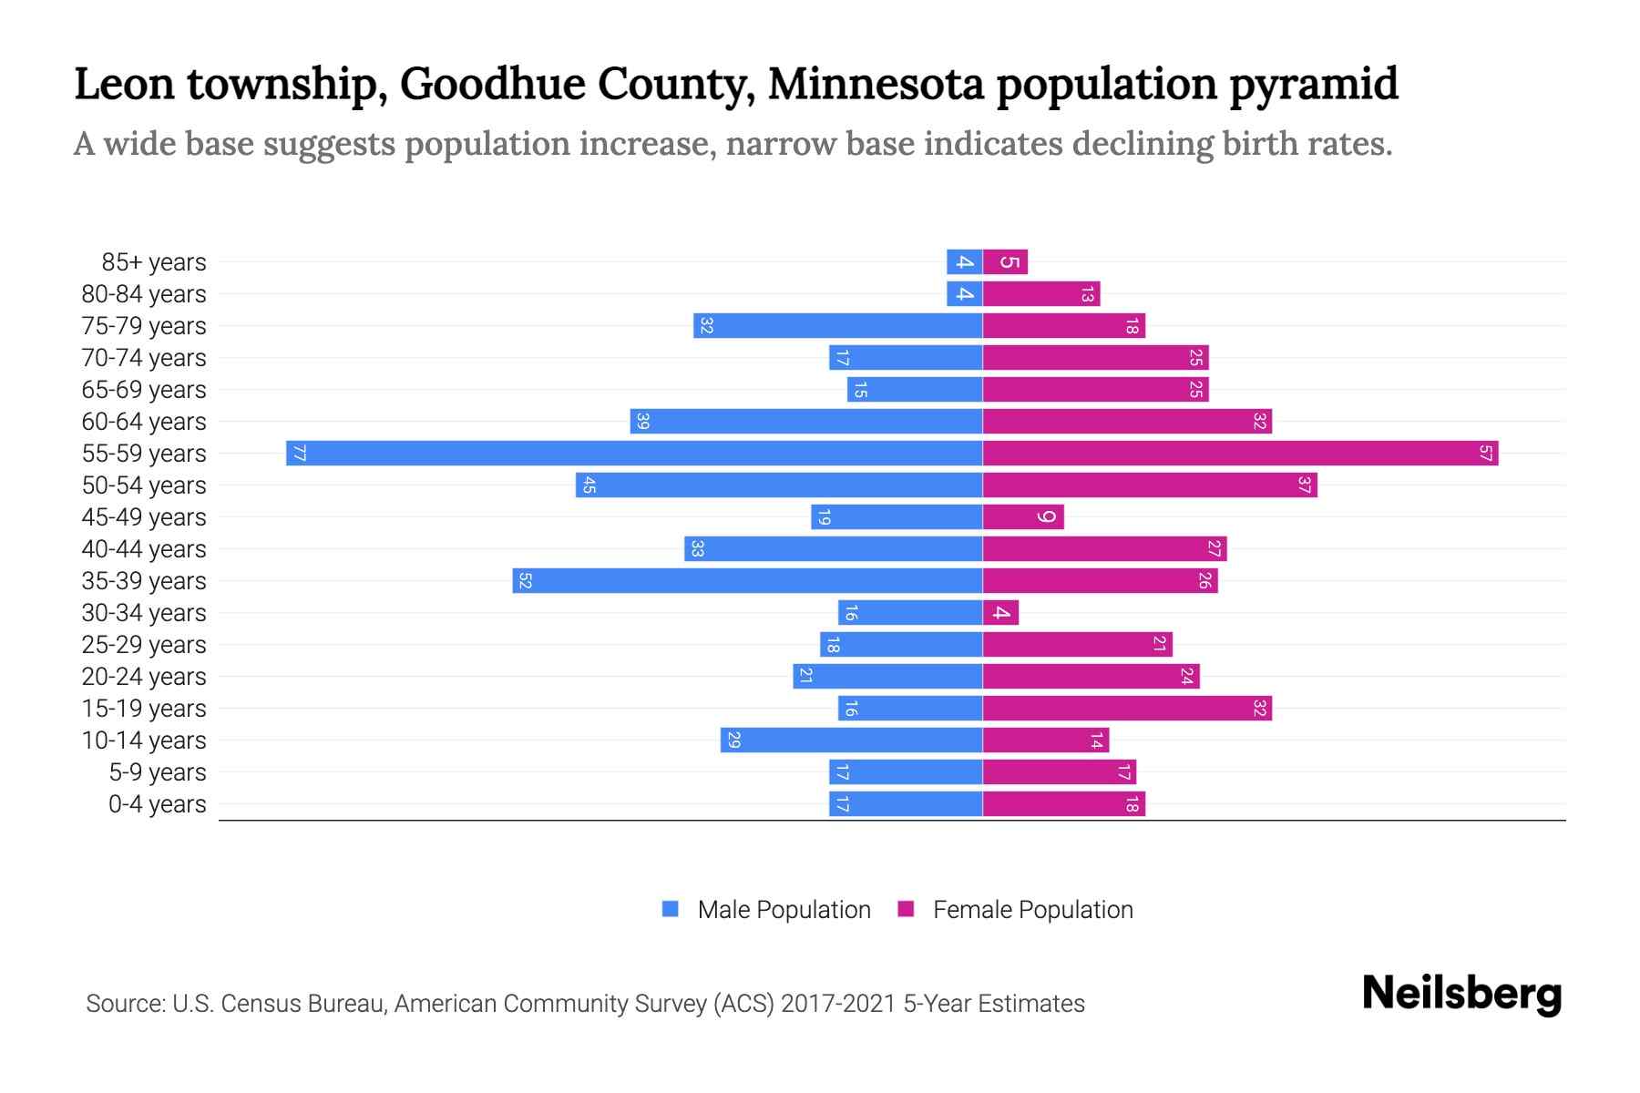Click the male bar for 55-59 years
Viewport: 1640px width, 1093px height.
634,453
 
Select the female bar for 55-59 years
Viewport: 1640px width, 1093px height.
1240,453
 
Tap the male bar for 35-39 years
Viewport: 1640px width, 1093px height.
747,580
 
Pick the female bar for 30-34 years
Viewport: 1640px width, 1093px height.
1000,612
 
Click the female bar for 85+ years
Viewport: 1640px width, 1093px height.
1005,261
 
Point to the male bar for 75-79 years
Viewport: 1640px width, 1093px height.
837,325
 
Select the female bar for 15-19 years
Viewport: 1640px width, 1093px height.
1127,708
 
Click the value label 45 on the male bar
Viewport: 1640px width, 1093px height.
589,485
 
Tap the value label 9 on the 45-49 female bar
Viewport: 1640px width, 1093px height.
1047,517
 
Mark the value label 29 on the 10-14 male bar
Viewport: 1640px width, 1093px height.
733,741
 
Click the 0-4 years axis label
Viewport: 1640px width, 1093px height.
157,804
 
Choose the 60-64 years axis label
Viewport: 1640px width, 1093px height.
144,422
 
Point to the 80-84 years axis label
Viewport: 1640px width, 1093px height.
144,294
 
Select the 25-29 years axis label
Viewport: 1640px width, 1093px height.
144,645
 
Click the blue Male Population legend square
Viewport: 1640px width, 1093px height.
671,909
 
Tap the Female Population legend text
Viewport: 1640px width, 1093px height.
1032,909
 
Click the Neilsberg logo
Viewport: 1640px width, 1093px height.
1461,994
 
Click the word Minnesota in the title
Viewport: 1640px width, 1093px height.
876,85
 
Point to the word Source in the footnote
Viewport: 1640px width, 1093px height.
124,1004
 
